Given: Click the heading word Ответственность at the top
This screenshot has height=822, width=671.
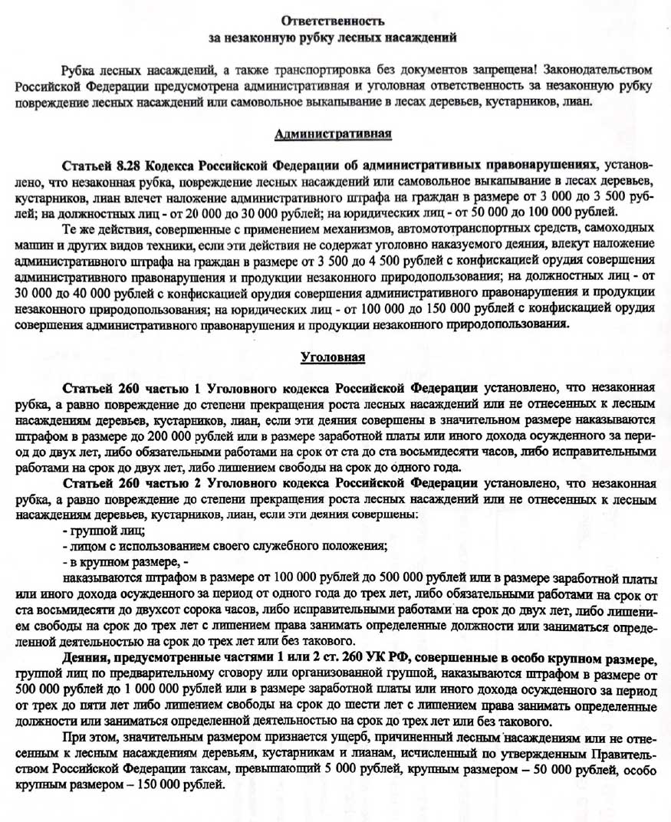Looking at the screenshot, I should (x=333, y=19).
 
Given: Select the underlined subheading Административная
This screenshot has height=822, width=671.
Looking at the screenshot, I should (x=333, y=135).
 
